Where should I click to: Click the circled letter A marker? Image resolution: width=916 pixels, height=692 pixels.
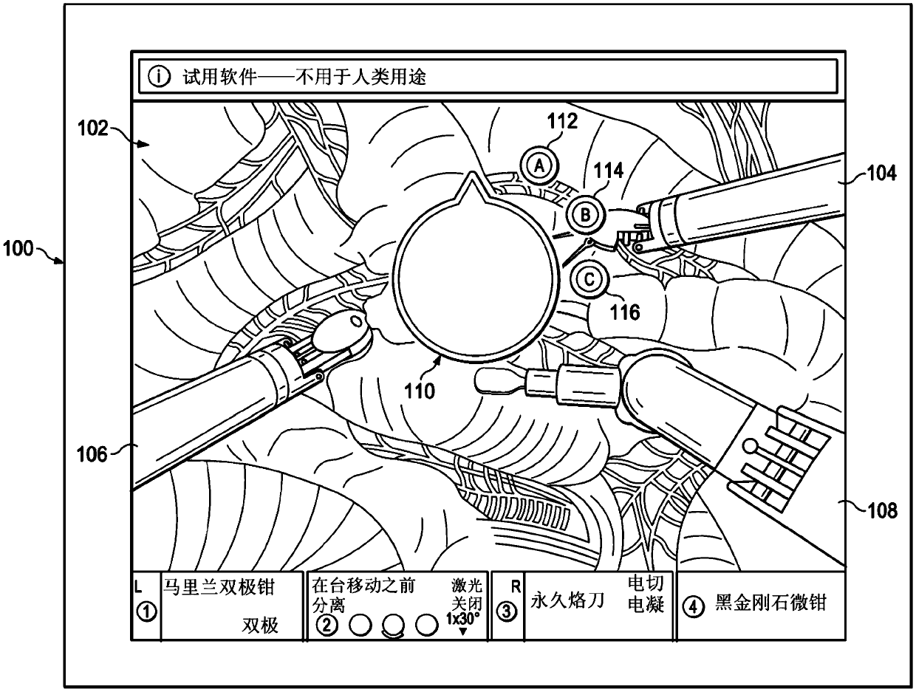point(539,166)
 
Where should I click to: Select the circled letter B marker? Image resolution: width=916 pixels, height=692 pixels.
point(586,215)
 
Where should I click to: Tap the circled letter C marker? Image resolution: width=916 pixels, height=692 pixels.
point(589,279)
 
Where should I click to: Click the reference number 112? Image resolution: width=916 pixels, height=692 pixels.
point(562,121)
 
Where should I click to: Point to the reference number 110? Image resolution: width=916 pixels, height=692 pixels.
point(420,391)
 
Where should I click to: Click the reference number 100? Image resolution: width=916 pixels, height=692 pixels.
point(18,249)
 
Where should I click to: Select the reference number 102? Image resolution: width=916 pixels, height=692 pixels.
point(92,128)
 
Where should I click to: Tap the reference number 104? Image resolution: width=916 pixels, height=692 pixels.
point(881,173)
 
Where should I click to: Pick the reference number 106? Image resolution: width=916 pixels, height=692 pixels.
point(92,454)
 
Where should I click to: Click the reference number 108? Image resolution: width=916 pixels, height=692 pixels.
point(882,510)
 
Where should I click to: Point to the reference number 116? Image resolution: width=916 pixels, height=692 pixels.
point(625,312)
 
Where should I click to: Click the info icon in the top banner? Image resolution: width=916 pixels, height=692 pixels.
point(160,77)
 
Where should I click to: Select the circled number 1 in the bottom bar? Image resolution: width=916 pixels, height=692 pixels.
point(146,612)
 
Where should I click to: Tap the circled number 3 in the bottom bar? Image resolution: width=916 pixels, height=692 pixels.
point(507,612)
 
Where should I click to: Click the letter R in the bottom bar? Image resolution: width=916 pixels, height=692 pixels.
point(516,587)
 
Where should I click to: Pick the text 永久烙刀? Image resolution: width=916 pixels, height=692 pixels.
point(567,601)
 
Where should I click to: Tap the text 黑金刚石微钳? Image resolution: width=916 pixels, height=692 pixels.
point(770,603)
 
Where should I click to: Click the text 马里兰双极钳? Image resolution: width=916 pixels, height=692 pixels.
point(219,587)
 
